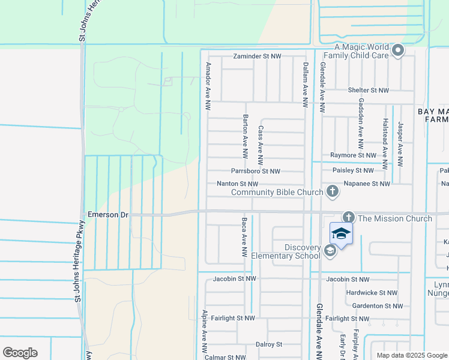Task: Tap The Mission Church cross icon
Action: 349,218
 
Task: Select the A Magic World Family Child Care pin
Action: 398,52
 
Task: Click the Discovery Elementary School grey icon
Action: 330,251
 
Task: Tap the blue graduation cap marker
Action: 341,233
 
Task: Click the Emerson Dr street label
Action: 108,214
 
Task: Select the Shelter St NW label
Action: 368,90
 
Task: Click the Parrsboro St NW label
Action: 256,171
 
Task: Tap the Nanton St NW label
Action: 237,184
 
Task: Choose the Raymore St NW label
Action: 352,155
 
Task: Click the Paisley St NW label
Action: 353,170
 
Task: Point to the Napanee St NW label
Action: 367,184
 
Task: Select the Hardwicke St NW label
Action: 372,293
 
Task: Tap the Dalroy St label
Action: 268,344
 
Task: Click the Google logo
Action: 20,353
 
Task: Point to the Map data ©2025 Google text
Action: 411,355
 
